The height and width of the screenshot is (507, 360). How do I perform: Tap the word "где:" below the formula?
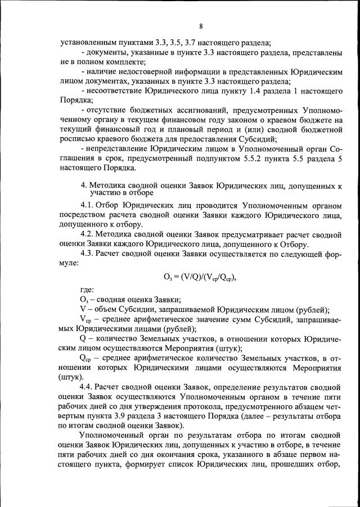pyautogui.click(x=87, y=289)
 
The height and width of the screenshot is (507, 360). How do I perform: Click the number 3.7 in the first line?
pyautogui.click(x=194, y=43)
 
